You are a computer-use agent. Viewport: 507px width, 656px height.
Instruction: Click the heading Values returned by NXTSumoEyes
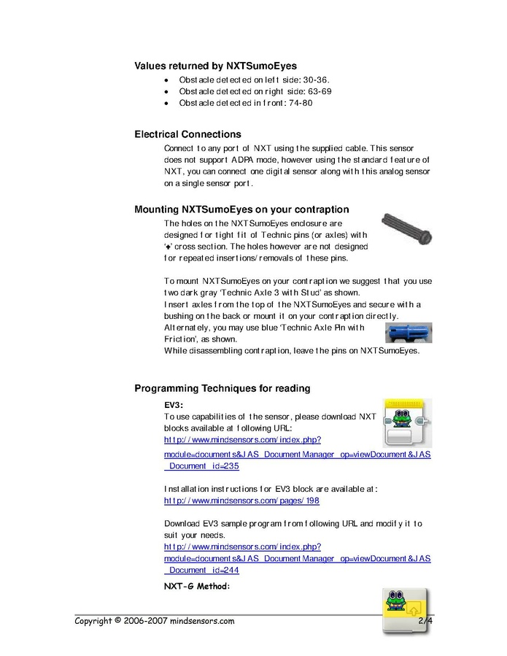pyautogui.click(x=215, y=66)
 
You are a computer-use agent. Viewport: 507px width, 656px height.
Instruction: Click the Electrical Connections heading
pyautogui.click(x=187, y=134)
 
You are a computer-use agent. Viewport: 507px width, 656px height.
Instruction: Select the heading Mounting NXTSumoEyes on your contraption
pyautogui.click(x=241, y=209)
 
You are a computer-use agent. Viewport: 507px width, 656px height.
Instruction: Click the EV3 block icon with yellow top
pyautogui.click(x=407, y=422)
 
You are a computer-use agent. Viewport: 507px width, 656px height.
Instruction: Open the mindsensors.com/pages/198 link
pyautogui.click(x=241, y=501)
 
